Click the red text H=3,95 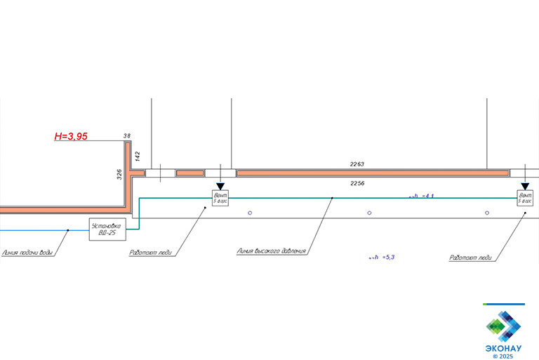[x=71, y=137]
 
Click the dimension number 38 [x=127, y=135]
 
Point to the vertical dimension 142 [x=138, y=156]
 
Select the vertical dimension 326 [x=119, y=173]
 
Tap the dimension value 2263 [x=357, y=164]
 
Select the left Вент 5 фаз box [x=220, y=198]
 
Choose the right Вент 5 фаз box [x=525, y=198]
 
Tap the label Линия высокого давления [x=272, y=250]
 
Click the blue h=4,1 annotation [x=422, y=196]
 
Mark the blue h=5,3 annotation [x=382, y=258]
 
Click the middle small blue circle [x=369, y=213]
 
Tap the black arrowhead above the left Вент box [x=220, y=185]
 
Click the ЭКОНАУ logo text [x=503, y=347]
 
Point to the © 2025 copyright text [x=503, y=356]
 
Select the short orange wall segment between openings [x=189, y=173]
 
